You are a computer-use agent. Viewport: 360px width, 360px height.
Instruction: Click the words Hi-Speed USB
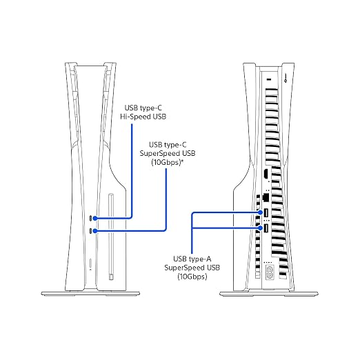point(143,117)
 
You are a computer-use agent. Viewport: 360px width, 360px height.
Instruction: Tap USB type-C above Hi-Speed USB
point(143,108)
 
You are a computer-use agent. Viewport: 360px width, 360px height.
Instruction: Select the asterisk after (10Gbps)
point(182,161)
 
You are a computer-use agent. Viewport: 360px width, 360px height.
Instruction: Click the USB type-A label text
point(192,259)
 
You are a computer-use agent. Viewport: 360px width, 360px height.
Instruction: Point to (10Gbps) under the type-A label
point(192,277)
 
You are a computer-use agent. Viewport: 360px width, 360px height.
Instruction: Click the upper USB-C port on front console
point(91,218)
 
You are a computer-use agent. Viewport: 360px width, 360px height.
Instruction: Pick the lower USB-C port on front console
point(91,230)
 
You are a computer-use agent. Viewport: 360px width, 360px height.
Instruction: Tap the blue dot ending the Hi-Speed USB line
point(95,218)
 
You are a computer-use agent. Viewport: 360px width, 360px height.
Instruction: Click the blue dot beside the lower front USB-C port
point(95,230)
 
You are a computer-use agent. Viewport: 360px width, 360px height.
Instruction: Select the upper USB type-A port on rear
point(266,213)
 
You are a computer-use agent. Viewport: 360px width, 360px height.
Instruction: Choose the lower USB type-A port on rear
point(266,228)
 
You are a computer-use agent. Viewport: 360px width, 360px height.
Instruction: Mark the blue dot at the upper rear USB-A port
point(260,212)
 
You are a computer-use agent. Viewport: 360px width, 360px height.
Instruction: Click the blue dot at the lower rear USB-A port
point(260,228)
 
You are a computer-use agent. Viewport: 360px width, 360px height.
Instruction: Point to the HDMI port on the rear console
point(266,174)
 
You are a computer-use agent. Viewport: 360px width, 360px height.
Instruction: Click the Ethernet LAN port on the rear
point(266,197)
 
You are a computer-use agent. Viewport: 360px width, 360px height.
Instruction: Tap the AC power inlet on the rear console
point(269,272)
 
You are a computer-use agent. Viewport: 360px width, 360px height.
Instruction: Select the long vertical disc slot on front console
point(111,237)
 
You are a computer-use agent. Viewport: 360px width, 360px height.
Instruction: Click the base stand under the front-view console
point(90,294)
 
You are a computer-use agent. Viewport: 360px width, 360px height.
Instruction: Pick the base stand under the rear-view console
point(269,294)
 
